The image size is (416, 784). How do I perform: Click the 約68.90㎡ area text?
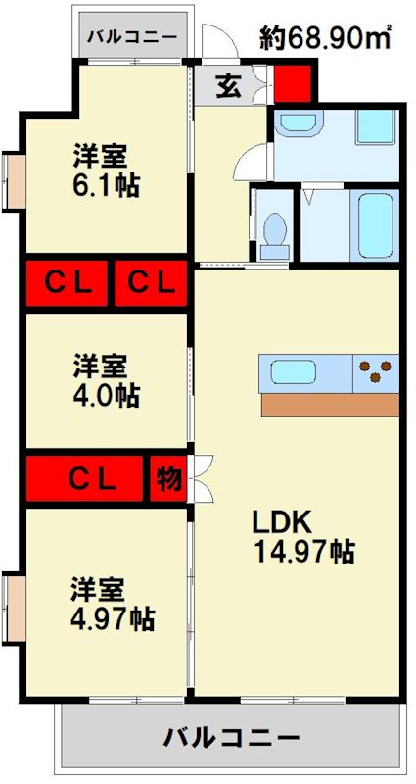click(x=325, y=38)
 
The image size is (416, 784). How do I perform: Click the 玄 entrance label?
click(x=227, y=86)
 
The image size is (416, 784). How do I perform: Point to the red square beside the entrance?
click(x=292, y=82)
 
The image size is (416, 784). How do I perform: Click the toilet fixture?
click(x=274, y=234)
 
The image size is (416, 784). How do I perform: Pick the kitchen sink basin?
click(x=291, y=372)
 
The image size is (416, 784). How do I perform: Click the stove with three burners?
click(x=377, y=372)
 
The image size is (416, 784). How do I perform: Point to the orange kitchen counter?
click(x=330, y=404)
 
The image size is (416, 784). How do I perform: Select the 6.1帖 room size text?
click(x=106, y=185)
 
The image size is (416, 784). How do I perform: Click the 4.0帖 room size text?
click(x=106, y=396)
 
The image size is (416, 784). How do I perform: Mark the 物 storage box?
click(x=168, y=479)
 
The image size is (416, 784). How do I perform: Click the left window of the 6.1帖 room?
click(x=13, y=180)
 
